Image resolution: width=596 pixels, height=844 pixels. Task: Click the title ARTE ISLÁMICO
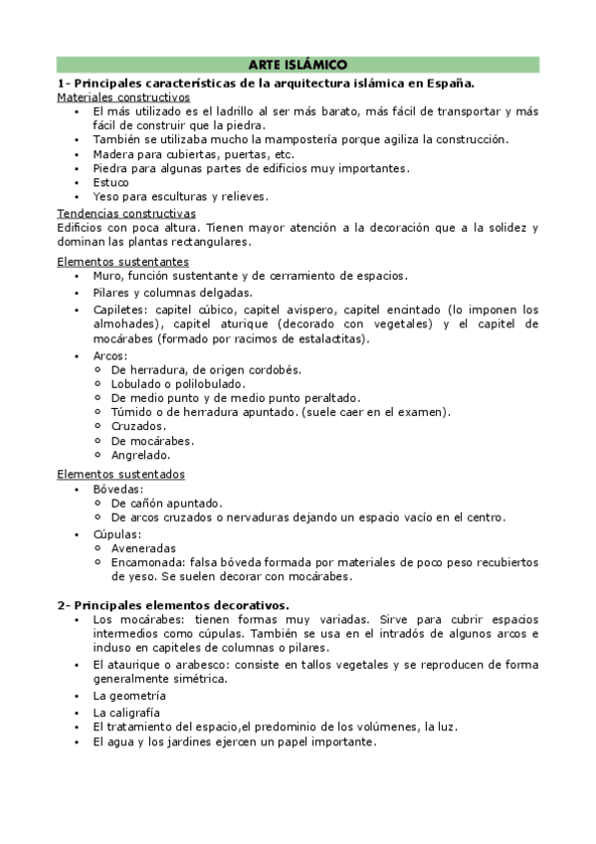298,65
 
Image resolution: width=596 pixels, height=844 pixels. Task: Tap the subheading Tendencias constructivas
126,213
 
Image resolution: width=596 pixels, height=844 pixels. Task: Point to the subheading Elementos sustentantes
122,261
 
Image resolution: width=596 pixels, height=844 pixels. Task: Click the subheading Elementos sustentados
120,474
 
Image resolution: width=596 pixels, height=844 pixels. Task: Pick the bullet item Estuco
111,182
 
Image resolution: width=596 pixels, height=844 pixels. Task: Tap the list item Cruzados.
138,426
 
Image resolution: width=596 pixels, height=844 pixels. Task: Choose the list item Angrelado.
141,454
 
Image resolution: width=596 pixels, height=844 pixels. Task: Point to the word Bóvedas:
118,489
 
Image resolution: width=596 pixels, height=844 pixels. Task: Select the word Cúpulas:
118,533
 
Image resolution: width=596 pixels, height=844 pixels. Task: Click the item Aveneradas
143,547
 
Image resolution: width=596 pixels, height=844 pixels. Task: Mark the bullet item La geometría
129,696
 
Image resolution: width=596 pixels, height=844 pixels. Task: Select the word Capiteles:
121,310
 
